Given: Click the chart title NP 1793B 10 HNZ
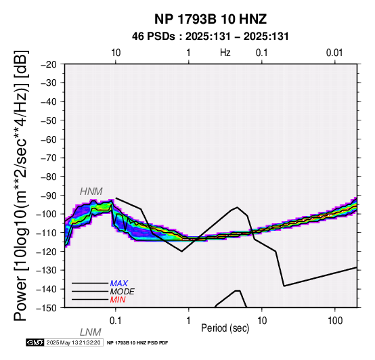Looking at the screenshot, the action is tap(211, 19).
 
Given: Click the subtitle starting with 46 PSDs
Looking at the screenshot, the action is tap(211, 37).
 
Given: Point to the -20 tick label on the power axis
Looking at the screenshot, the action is tap(49, 64).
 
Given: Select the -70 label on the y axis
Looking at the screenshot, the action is tap(49, 158).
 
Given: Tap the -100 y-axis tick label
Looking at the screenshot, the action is tap(47, 215).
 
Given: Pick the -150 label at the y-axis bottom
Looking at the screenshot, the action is tap(47, 308).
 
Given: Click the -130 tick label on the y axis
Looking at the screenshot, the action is tap(47, 271).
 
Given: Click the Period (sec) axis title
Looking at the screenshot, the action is tap(225, 328).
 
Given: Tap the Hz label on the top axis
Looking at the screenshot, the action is tap(225, 53).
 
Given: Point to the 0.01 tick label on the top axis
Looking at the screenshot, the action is tap(334, 53).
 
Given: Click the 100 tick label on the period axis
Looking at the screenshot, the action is tap(335, 321).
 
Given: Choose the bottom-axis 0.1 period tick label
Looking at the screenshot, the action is tap(116, 321).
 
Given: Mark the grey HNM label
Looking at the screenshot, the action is tap(91, 192).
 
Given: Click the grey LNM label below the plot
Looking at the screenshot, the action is tap(91, 332).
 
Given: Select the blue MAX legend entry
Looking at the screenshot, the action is tap(118, 284).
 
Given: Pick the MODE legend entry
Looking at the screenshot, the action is tap(123, 292).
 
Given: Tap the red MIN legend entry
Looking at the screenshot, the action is tap(118, 300).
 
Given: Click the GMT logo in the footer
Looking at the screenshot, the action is tap(35, 342).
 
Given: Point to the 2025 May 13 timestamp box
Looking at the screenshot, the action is tap(74, 342).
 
